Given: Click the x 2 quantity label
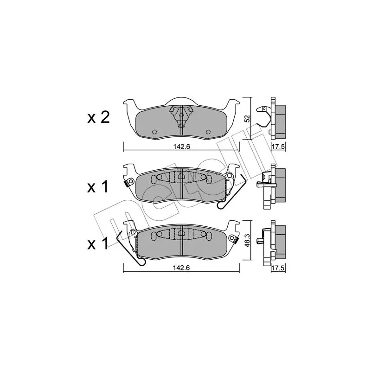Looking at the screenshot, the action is [98, 118].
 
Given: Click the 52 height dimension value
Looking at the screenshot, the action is [247, 118].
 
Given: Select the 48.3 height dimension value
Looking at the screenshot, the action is [247, 241].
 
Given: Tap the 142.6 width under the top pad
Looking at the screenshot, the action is [181, 147].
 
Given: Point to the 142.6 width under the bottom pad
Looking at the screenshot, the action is [181, 268].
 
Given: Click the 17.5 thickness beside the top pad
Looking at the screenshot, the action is [278, 147].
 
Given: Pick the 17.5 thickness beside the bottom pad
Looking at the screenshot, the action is [278, 268].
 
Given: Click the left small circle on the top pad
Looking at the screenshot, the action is [155, 132].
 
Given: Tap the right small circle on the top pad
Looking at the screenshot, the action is [208, 132].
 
